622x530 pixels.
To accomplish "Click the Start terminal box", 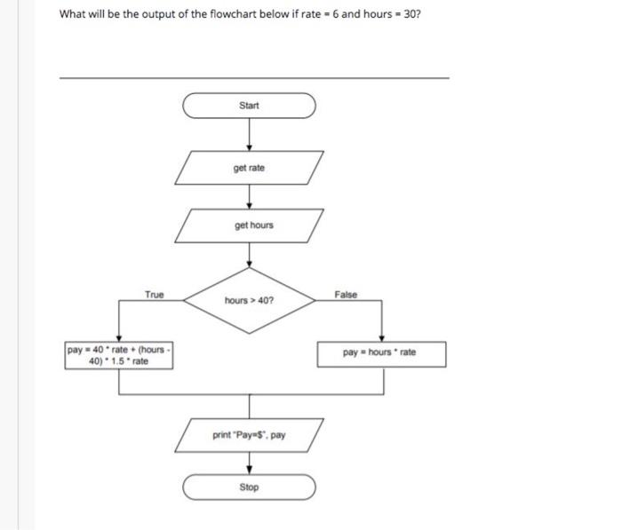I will tap(249, 106).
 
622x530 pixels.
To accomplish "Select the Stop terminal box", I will tap(249, 487).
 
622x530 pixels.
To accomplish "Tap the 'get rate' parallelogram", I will tap(249, 168).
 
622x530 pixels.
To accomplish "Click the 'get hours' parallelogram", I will tap(250, 225).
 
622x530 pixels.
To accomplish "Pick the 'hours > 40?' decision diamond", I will tap(249, 300).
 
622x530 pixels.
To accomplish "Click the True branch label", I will tap(155, 295).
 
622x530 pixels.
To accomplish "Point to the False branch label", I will tap(346, 295).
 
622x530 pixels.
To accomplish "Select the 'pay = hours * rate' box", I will tap(381, 353).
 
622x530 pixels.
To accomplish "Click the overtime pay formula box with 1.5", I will tap(119, 356).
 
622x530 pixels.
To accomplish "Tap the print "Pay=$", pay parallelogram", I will tap(249, 435).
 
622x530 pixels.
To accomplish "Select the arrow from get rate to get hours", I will tap(249, 195).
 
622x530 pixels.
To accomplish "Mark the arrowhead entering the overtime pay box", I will tap(119, 338).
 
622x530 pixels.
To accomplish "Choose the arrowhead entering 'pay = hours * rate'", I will tap(381, 338).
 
